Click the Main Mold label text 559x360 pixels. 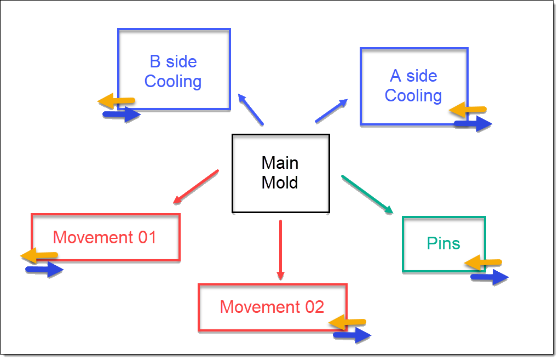pyautogui.click(x=280, y=173)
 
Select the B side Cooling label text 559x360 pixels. pyautogui.click(x=173, y=72)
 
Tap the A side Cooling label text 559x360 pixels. pyautogui.click(x=413, y=85)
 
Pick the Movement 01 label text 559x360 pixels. pyautogui.click(x=105, y=237)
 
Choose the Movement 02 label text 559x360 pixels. pyautogui.click(x=272, y=307)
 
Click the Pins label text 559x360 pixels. pyautogui.click(x=443, y=243)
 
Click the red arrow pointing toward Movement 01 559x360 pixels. pyautogui.click(x=195, y=187)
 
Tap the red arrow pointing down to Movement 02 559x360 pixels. pyautogui.click(x=280, y=249)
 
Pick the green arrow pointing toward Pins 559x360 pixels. pyautogui.click(x=367, y=194)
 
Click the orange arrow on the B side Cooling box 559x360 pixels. pyautogui.click(x=116, y=101)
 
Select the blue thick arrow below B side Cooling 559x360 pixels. pyautogui.click(x=122, y=115)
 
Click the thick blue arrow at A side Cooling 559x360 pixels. pyautogui.click(x=472, y=124)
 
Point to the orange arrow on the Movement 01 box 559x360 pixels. pyautogui.click(x=39, y=255)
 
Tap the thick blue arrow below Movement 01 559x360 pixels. pyautogui.click(x=44, y=269)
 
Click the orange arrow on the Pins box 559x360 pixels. pyautogui.click(x=483, y=263)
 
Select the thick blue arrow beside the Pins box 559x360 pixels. pyautogui.click(x=489, y=277)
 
